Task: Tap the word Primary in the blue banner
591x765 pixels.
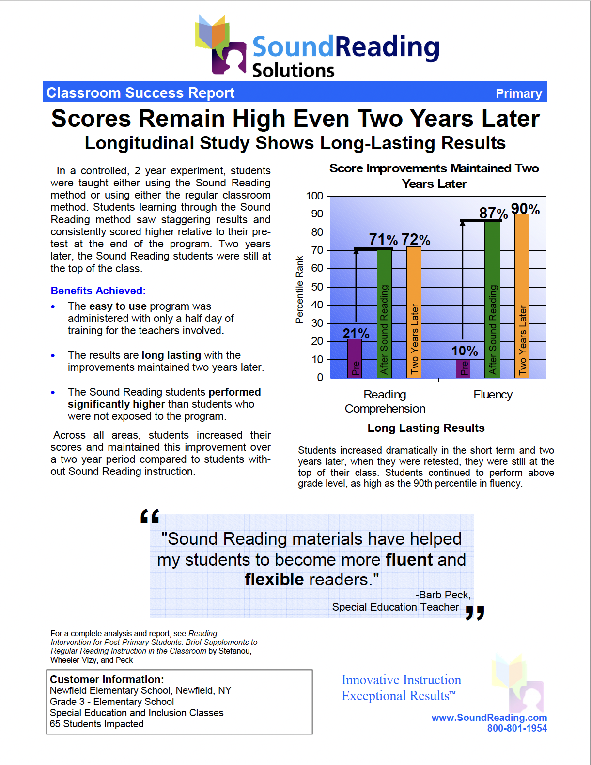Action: click(x=518, y=93)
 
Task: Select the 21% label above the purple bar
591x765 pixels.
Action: click(x=356, y=333)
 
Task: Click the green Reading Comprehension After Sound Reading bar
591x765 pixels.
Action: click(x=384, y=315)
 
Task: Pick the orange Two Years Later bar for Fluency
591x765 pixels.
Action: click(x=522, y=295)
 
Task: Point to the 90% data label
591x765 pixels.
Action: click(x=525, y=209)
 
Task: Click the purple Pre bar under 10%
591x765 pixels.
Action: click(x=463, y=368)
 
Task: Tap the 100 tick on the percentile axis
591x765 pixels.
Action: click(x=314, y=196)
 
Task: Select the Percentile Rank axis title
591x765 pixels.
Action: click(x=299, y=290)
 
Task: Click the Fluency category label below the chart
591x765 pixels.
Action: click(x=493, y=395)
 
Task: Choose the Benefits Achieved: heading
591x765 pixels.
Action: click(x=98, y=291)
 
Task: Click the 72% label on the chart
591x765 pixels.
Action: click(x=416, y=239)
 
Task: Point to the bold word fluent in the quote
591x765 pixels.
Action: click(x=409, y=559)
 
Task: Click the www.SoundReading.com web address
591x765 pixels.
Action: click(x=489, y=718)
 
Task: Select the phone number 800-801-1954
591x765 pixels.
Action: click(x=517, y=728)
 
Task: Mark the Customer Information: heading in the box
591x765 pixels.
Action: click(x=107, y=679)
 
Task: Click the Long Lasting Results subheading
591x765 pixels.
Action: click(x=426, y=428)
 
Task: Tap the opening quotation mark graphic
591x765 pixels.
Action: click(x=150, y=517)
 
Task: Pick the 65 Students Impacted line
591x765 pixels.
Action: click(x=96, y=724)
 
